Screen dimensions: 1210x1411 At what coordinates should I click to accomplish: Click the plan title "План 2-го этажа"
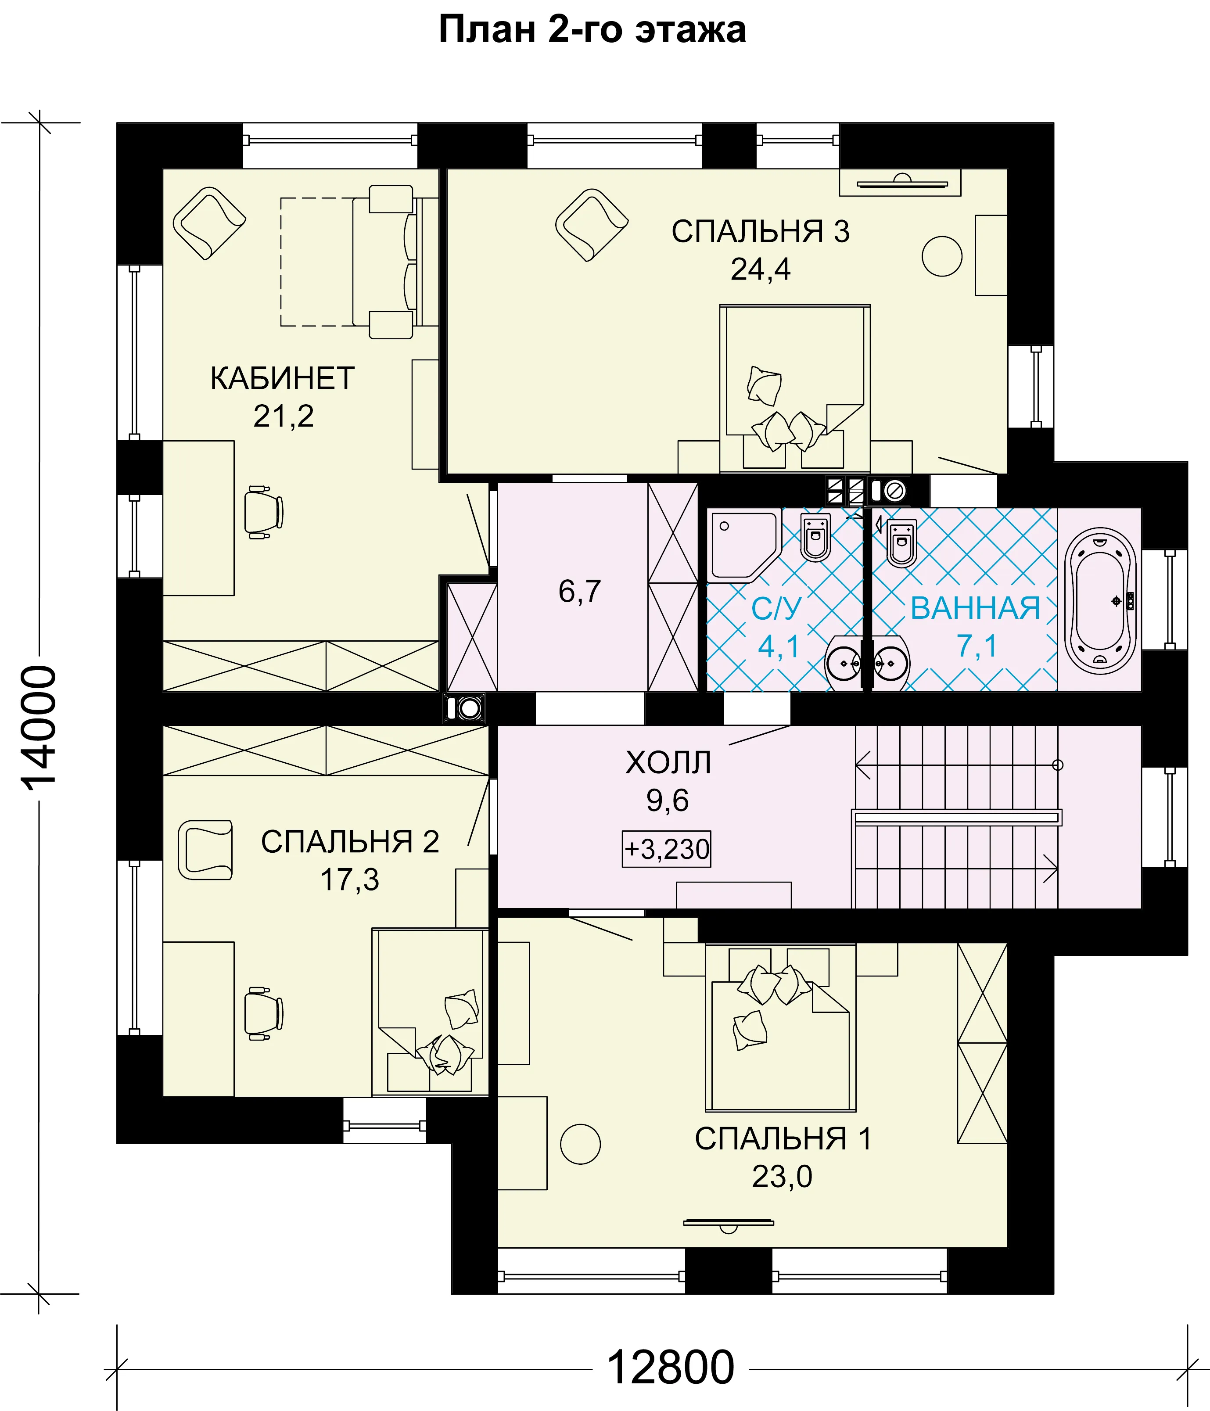(592, 30)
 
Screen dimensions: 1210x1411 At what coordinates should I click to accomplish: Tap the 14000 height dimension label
(39, 727)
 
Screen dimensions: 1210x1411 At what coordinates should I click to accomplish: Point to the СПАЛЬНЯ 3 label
(761, 232)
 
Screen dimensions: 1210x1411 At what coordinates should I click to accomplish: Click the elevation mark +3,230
(667, 849)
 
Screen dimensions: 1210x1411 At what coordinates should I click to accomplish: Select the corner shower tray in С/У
(744, 545)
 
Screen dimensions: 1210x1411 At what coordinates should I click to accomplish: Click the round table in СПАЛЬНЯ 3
(942, 256)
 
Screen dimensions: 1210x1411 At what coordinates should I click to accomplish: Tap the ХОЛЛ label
(668, 763)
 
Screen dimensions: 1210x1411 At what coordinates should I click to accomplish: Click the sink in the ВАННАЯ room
(889, 663)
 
